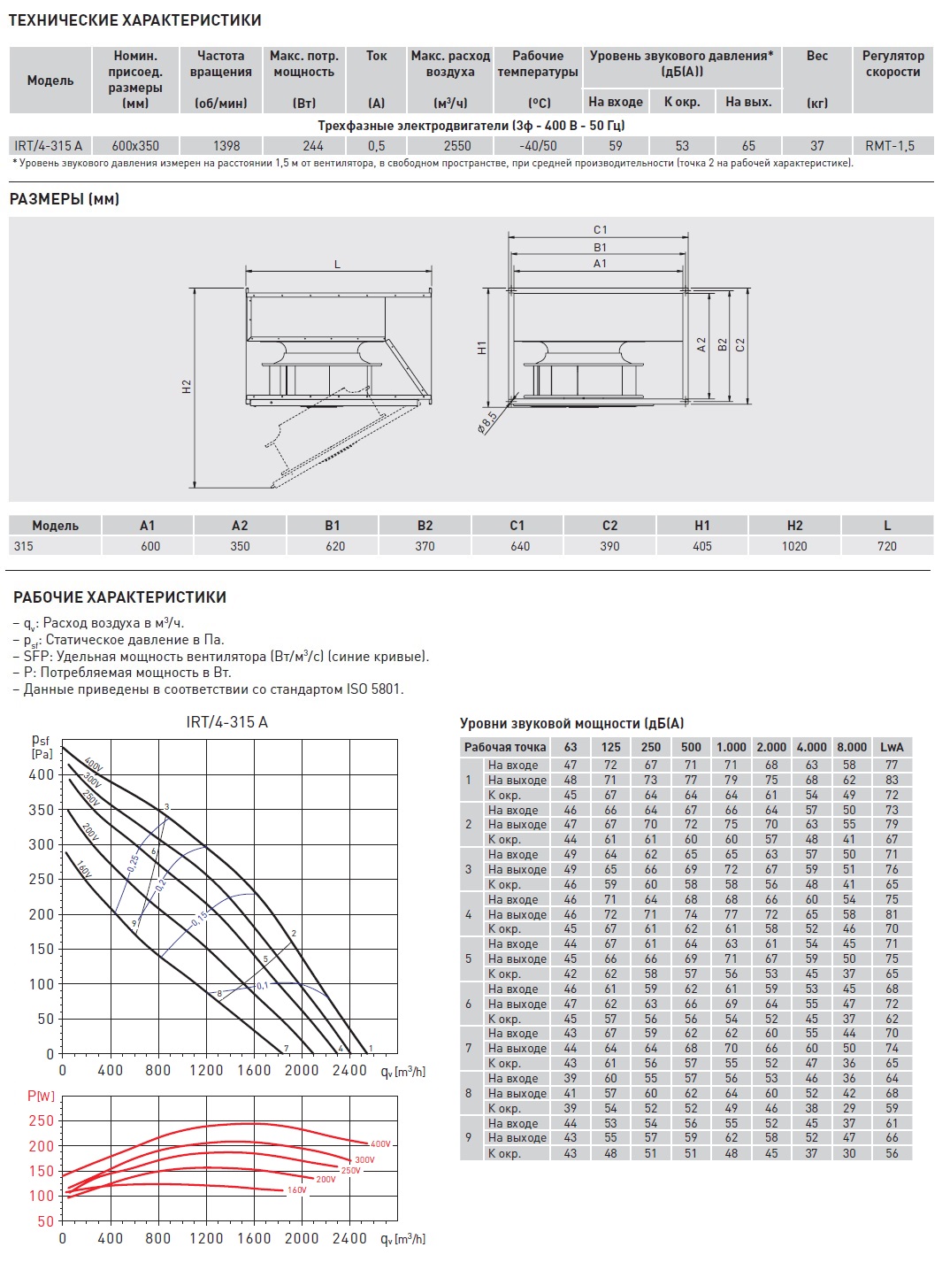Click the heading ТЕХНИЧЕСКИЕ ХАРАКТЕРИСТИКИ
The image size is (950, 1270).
click(x=134, y=19)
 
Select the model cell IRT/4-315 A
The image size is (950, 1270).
click(x=49, y=146)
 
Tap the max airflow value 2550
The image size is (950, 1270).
click(x=457, y=146)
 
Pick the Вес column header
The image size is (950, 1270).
click(x=817, y=56)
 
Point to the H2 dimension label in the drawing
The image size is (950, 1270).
click(x=187, y=387)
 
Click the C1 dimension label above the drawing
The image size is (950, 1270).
click(x=601, y=230)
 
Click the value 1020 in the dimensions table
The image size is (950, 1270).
click(x=794, y=546)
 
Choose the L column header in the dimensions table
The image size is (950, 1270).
click(x=887, y=526)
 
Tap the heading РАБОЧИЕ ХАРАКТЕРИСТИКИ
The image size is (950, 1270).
click(x=119, y=597)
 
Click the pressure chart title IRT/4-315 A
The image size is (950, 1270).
click(x=226, y=722)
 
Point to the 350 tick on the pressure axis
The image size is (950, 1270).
click(x=42, y=810)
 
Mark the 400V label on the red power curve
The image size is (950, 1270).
click(x=380, y=1144)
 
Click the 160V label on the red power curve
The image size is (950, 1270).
click(x=297, y=1190)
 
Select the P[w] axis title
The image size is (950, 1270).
click(x=41, y=1096)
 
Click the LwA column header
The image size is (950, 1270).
click(x=892, y=747)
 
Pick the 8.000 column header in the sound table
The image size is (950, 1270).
click(x=851, y=747)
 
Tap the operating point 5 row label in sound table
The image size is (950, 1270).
click(x=469, y=958)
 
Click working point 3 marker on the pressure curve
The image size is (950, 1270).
click(x=166, y=807)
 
